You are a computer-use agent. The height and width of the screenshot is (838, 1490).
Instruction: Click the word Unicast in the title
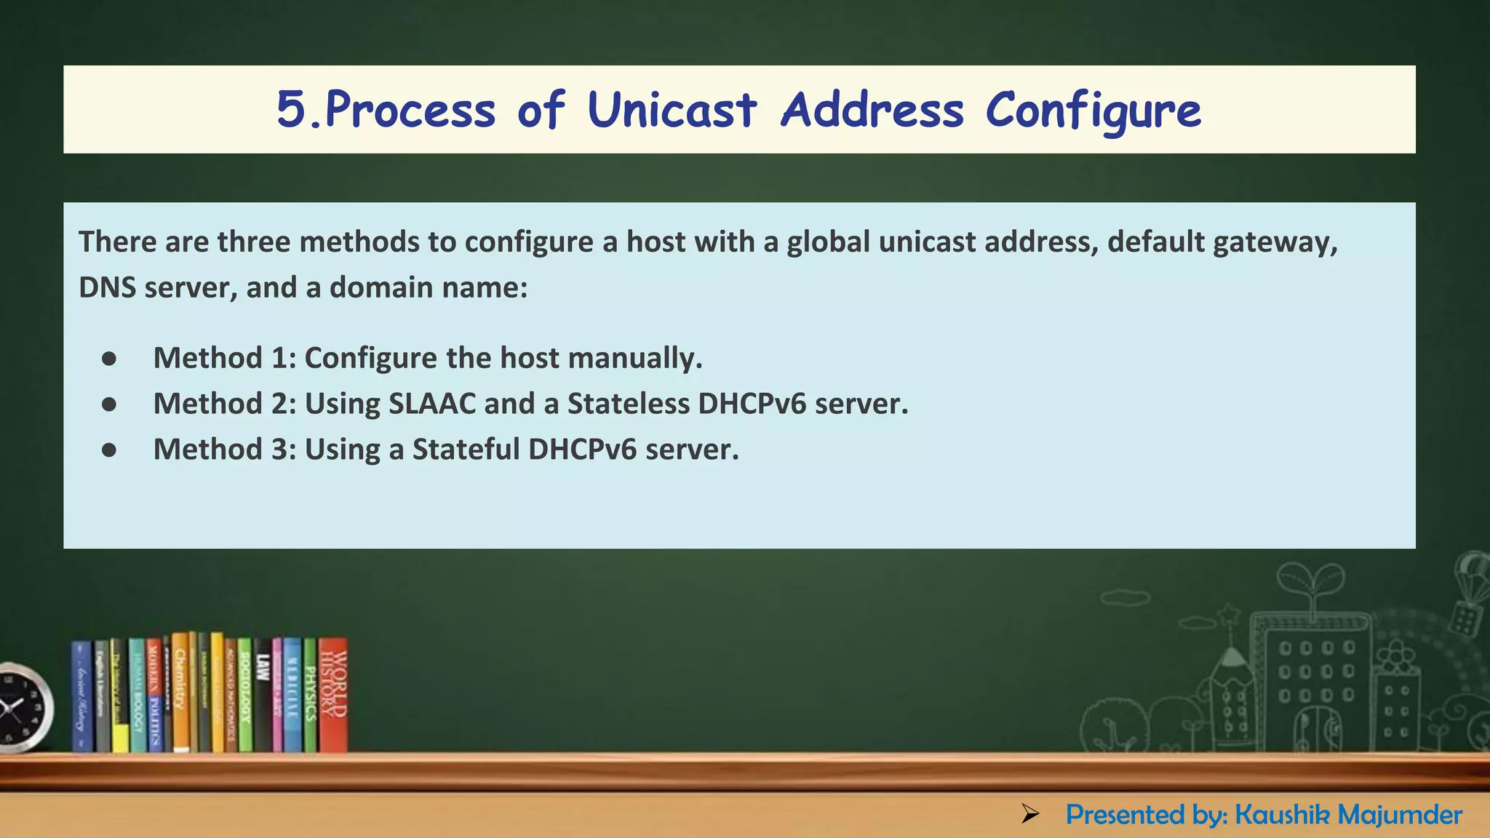tap(672, 111)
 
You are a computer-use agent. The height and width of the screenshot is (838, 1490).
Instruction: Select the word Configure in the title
tap(1093, 111)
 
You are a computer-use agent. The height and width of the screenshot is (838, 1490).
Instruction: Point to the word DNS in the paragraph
tap(107, 288)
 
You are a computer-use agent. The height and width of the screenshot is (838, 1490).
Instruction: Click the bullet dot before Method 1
tap(109, 359)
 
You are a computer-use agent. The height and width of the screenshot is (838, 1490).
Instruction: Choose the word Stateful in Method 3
tap(466, 450)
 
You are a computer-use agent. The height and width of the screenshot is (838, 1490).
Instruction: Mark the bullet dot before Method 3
tap(109, 450)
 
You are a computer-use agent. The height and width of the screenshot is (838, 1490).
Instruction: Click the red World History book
tap(333, 695)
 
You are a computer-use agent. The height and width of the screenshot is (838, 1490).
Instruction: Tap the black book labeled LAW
tap(263, 695)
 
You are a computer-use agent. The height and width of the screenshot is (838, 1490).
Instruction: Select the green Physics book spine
tap(310, 695)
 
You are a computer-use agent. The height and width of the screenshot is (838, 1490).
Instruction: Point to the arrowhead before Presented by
tap(1029, 814)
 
